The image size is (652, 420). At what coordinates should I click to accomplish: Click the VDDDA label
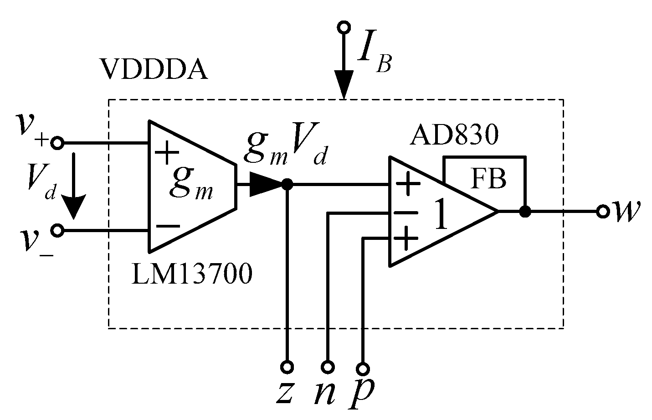[154, 71]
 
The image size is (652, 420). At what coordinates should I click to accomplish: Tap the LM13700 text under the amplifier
[191, 275]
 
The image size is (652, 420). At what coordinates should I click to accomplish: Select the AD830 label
[454, 135]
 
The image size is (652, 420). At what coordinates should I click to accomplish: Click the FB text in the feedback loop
[488, 179]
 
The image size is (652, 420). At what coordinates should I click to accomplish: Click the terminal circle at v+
[57, 143]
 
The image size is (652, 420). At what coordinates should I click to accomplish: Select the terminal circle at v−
[57, 231]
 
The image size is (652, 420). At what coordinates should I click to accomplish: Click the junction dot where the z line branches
[287, 184]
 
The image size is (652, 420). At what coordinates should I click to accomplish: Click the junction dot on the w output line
[525, 212]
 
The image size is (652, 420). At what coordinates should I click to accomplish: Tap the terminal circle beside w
[603, 212]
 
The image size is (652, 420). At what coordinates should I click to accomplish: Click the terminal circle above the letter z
[287, 367]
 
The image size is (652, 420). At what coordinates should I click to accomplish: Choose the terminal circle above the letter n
[328, 367]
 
